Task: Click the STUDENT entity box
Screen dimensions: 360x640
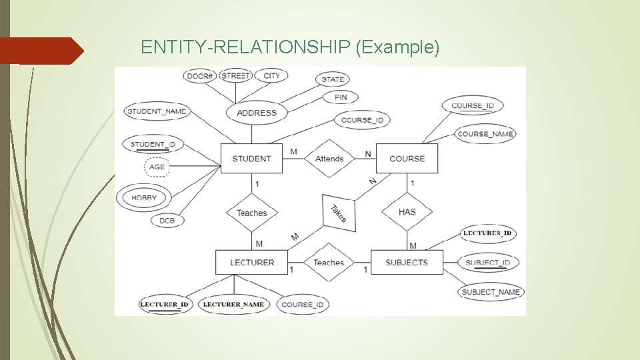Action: coord(251,159)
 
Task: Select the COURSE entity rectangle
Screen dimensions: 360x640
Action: coord(407,159)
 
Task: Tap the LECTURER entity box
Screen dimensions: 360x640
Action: coord(251,262)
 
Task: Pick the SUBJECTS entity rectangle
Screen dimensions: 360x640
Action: coord(407,262)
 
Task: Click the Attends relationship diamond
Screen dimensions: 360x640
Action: coord(329,159)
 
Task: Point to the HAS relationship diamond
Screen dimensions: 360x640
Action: coord(407,212)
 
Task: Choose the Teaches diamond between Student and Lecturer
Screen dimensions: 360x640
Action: coord(251,213)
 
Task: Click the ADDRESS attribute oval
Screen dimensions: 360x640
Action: coord(257,113)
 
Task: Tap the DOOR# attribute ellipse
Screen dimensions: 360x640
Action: coord(199,76)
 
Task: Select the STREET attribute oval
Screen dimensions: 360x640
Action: coord(235,76)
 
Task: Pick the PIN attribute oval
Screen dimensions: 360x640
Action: coord(340,97)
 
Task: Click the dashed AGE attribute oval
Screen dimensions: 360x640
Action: coord(157,167)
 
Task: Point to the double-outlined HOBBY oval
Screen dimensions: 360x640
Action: coord(143,197)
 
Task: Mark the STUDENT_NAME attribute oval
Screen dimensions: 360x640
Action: coord(157,111)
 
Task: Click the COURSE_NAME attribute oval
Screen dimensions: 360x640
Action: coord(485,134)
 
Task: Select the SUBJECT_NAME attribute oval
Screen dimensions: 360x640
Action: coord(491,292)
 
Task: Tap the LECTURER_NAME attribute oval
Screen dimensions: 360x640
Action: coord(233,305)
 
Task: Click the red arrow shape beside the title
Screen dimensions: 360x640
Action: coord(40,51)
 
